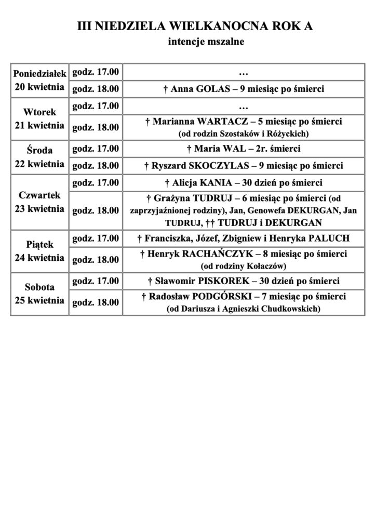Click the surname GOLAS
(x=212, y=89)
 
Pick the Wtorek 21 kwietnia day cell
(x=39, y=119)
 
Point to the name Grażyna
(x=170, y=198)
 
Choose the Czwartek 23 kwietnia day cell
(x=39, y=203)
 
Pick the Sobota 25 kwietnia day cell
(x=39, y=294)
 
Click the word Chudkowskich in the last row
(x=286, y=309)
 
